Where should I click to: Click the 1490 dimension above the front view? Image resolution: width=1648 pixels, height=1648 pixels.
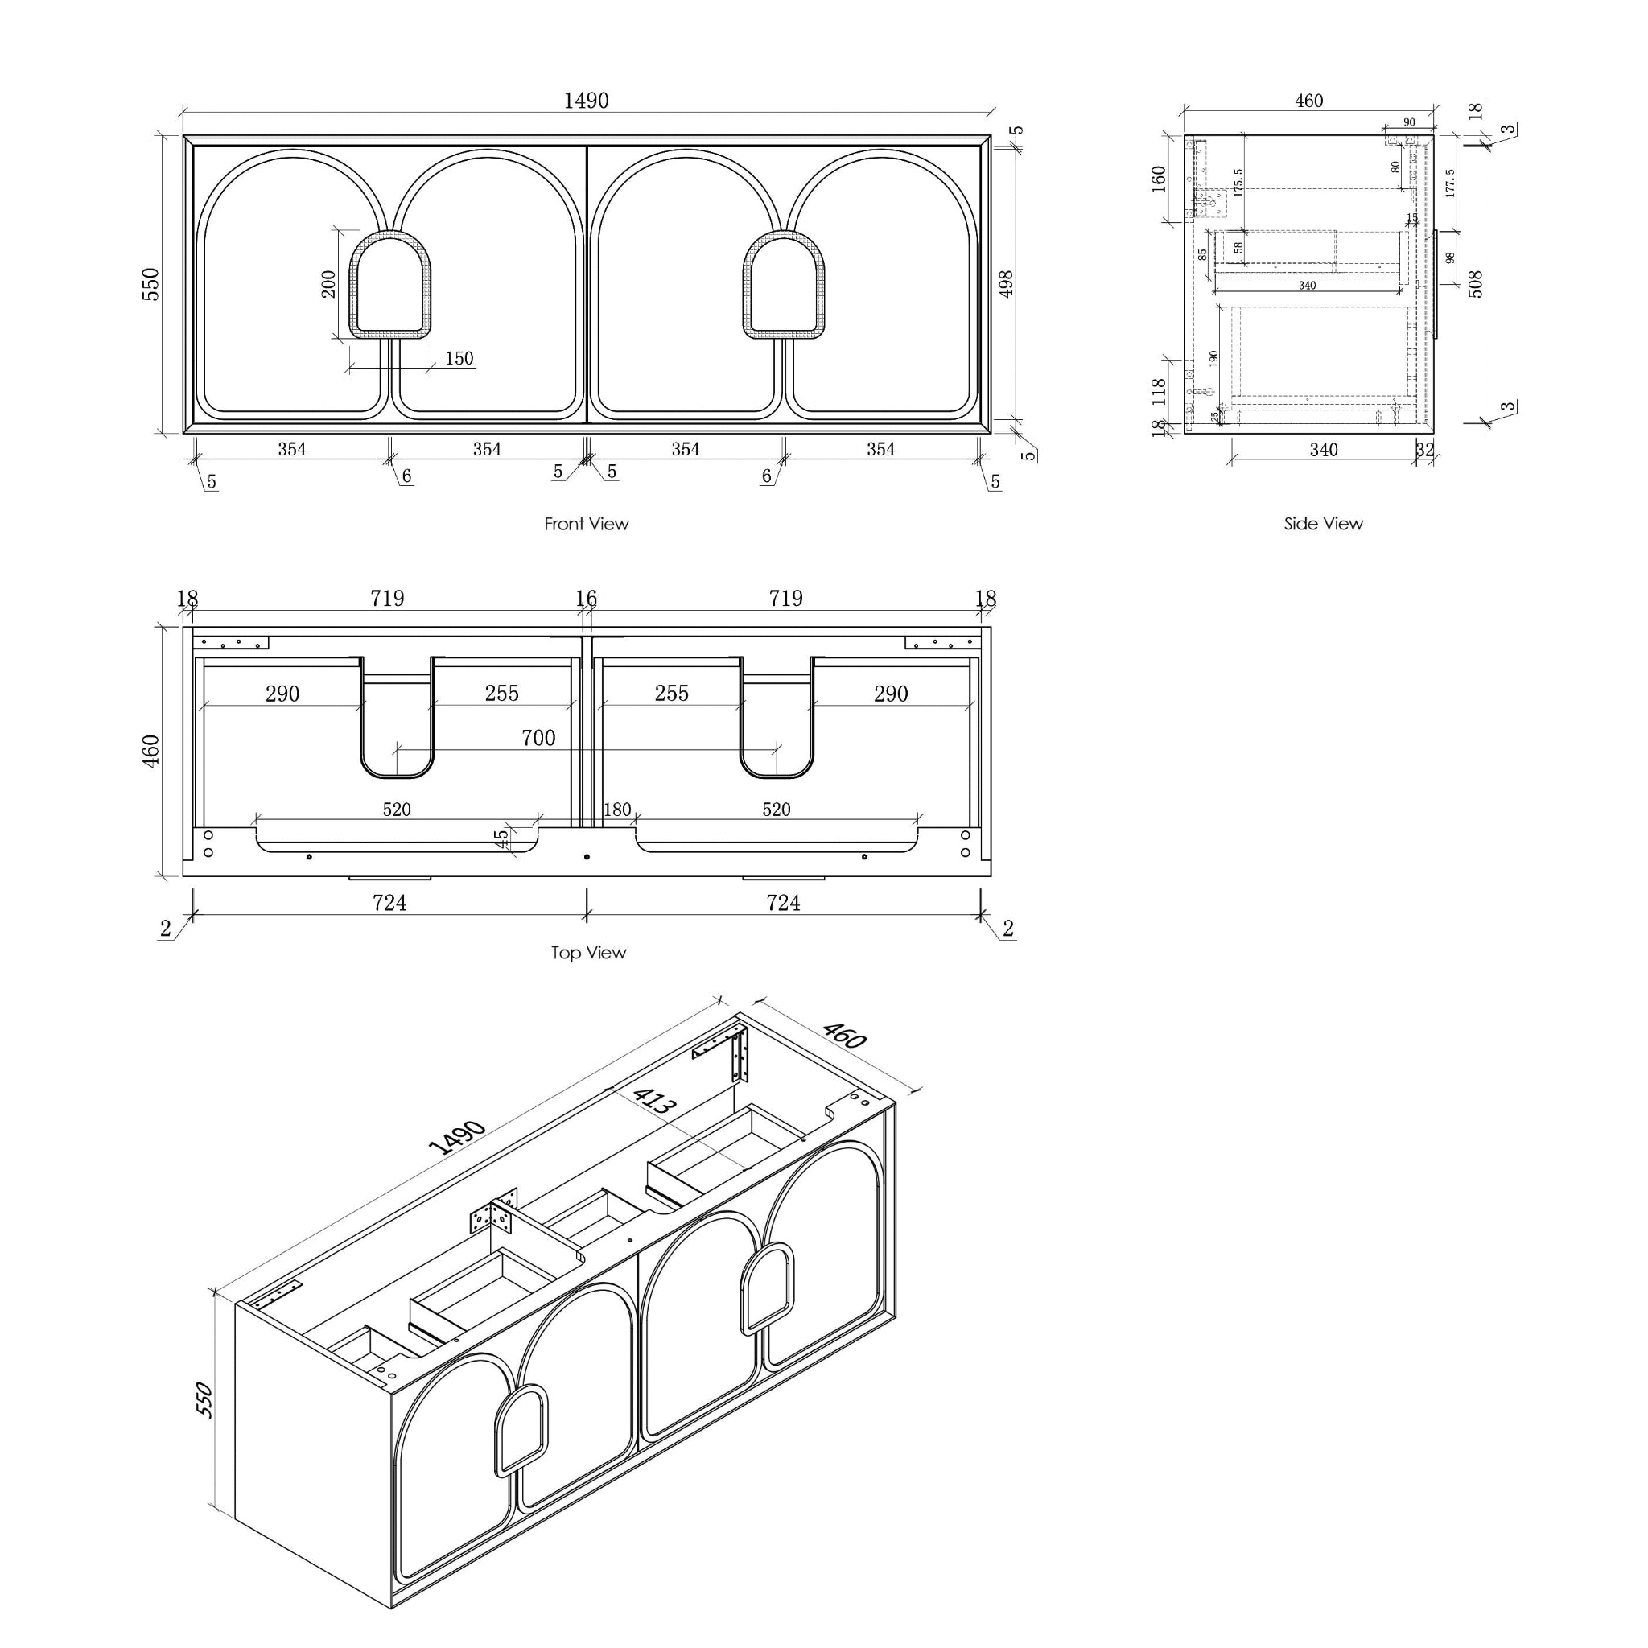(586, 101)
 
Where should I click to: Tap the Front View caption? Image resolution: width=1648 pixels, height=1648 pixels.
(586, 524)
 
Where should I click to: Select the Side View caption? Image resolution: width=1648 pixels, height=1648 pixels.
(1323, 524)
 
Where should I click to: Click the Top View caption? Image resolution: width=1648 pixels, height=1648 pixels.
(587, 953)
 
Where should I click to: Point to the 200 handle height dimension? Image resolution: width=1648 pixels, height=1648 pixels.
(328, 283)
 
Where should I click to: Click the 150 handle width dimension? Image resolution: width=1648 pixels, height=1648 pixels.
(459, 358)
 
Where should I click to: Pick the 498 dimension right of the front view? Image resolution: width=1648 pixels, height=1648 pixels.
(1006, 284)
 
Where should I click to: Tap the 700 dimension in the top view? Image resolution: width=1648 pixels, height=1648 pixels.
(538, 738)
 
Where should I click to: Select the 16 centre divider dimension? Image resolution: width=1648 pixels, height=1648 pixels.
(586, 599)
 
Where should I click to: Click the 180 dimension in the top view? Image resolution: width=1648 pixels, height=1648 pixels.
(616, 810)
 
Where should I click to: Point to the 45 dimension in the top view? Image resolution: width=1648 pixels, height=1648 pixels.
(501, 839)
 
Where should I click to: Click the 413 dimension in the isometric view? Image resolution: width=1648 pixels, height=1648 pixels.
(654, 1102)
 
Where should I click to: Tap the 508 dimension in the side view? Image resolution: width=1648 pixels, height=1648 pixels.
(1476, 284)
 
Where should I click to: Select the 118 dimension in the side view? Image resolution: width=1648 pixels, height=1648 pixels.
(1159, 392)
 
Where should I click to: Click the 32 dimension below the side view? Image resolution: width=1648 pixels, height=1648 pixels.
(1424, 450)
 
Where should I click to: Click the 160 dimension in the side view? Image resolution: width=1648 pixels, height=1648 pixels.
(1159, 179)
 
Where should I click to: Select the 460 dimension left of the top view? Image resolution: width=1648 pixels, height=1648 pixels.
(150, 750)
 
